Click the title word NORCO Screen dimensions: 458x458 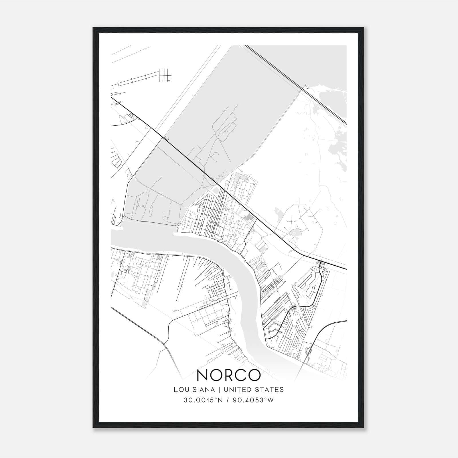pyautogui.click(x=229, y=375)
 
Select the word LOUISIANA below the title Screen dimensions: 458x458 pyautogui.click(x=194, y=390)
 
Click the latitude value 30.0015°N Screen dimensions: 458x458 pyautogui.click(x=203, y=400)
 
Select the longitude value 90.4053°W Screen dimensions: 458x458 pyautogui.click(x=253, y=400)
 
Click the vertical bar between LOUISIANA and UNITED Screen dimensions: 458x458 pyautogui.click(x=219, y=390)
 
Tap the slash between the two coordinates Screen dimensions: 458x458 pyautogui.click(x=228, y=400)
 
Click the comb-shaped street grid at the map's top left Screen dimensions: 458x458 pyautogui.click(x=165, y=75)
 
